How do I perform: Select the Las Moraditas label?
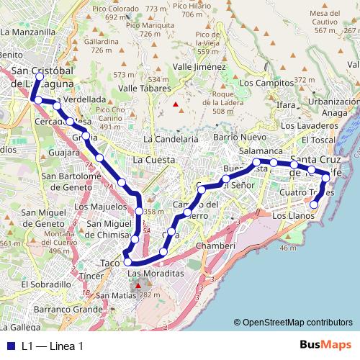click(156, 275)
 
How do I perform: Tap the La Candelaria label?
click(171, 138)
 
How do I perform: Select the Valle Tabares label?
click(143, 89)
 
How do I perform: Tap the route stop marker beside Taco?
click(127, 263)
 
